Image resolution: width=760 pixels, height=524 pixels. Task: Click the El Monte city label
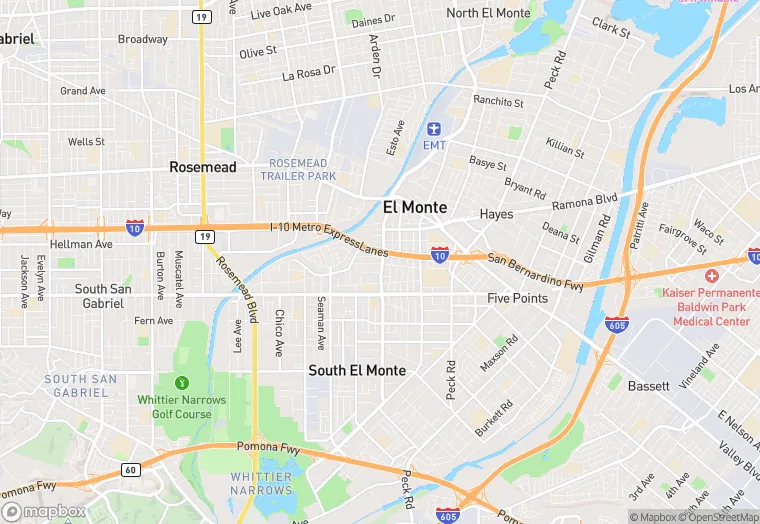pos(414,207)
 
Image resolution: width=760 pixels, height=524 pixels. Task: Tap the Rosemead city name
pos(203,167)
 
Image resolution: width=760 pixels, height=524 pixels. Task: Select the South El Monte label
pos(357,370)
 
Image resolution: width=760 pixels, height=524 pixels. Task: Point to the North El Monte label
pos(488,13)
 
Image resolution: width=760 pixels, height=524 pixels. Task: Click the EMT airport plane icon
pos(434,129)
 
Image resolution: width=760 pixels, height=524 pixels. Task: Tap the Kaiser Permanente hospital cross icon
pos(711,275)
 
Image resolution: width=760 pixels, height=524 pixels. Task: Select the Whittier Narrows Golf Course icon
pos(182,382)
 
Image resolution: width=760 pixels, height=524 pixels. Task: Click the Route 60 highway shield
pos(130,469)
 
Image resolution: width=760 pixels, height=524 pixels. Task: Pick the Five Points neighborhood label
pos(517,299)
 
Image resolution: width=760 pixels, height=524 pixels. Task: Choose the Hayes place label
pos(496,214)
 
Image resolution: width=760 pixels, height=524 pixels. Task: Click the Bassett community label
pos(649,385)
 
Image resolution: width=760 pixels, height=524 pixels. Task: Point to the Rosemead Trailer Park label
pos(298,170)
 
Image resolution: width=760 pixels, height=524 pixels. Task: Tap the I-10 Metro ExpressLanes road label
pos(329,238)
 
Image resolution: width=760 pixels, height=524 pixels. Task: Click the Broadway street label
pos(143,40)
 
